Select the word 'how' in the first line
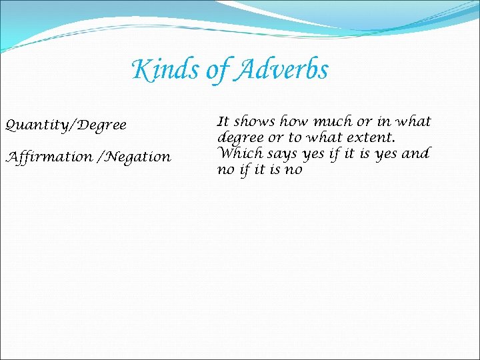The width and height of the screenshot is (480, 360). point(294,122)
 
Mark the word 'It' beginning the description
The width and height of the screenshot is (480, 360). point(223,122)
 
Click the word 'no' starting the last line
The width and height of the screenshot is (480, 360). point(225,170)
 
